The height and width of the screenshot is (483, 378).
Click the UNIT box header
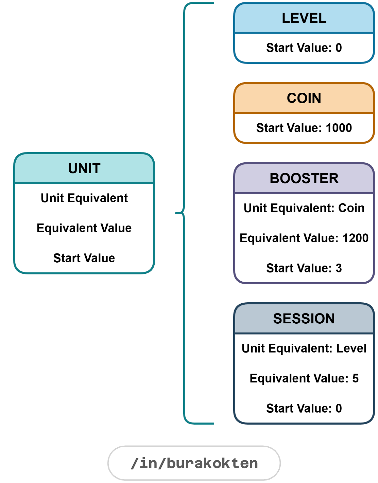click(x=84, y=168)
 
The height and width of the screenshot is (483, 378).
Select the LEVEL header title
click(x=304, y=18)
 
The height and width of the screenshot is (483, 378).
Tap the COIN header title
click(x=304, y=98)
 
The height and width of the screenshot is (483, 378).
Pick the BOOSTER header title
click(x=304, y=178)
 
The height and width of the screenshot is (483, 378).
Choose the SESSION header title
click(x=304, y=319)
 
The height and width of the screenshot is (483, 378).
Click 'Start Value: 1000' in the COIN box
click(x=304, y=128)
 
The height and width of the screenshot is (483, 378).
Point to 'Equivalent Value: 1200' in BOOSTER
click(x=304, y=238)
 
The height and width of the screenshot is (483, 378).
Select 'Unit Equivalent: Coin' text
click(x=304, y=208)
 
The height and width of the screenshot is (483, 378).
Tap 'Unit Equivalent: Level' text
click(x=304, y=348)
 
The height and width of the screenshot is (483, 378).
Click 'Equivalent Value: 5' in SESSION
click(x=304, y=378)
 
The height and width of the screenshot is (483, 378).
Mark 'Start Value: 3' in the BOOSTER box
click(x=304, y=268)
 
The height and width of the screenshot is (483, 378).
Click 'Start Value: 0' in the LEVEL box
click(x=304, y=48)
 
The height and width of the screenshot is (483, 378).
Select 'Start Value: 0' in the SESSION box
click(x=304, y=408)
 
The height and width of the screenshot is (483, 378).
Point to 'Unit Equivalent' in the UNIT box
click(x=84, y=198)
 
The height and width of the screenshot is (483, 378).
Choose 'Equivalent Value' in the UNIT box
click(x=84, y=228)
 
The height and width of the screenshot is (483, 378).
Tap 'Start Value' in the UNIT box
click(x=84, y=258)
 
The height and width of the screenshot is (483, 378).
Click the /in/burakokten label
click(x=194, y=463)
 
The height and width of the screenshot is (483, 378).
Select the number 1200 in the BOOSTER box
click(x=355, y=238)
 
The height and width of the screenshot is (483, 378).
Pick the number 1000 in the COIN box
click(x=339, y=128)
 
